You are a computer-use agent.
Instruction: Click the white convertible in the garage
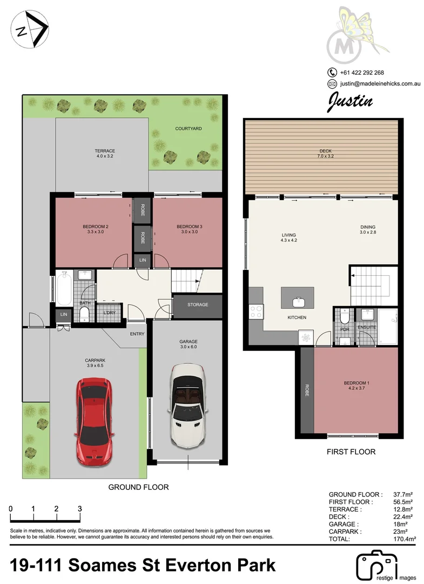tap(187, 403)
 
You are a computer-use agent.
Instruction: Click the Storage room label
tap(198, 305)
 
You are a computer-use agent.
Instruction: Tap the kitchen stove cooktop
tap(255, 311)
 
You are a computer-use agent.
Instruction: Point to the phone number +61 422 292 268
tap(362, 72)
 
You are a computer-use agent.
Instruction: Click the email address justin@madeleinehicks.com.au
tap(380, 84)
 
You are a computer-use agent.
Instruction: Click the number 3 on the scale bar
tap(79, 509)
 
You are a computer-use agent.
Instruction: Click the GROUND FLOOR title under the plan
tap(139, 487)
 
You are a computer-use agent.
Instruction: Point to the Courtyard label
tap(189, 129)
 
